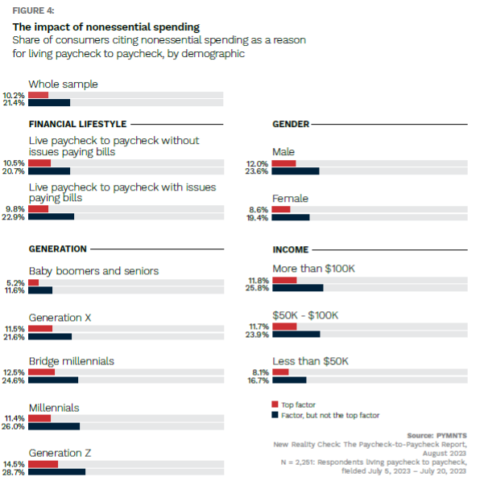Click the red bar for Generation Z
point(43,464)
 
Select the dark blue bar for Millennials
point(54,426)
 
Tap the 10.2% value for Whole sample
point(14,95)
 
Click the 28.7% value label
point(14,472)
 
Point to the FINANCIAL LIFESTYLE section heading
point(77,124)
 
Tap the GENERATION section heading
point(57,249)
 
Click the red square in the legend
point(275,405)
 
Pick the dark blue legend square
point(275,416)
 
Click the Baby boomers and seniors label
point(93,271)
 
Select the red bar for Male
point(283,163)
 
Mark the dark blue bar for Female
point(291,217)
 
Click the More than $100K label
point(313,269)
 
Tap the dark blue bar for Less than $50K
point(289,380)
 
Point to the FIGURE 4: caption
point(33,10)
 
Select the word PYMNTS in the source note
point(452,435)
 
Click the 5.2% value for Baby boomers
point(15,282)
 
